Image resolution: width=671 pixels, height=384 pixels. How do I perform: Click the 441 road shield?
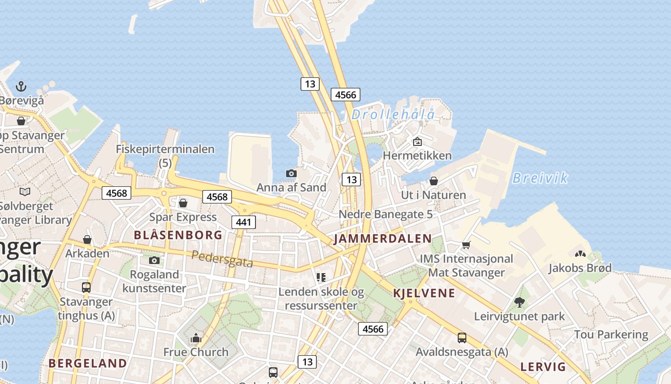pos(243,222)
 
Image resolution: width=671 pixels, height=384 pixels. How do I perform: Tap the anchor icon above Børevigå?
pos(21,86)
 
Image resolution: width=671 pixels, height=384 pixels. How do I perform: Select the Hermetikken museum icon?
pos(417,142)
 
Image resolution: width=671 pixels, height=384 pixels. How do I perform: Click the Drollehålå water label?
pos(393,114)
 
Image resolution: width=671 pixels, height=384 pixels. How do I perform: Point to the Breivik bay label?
pos(540,178)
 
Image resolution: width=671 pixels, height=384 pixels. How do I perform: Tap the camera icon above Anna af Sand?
pos(291,173)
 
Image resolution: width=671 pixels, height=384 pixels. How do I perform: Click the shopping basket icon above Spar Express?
pos(183,203)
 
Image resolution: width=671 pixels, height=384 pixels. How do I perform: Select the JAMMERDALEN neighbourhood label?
pos(382,239)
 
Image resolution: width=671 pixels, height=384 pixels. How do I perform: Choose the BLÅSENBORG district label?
pos(178,235)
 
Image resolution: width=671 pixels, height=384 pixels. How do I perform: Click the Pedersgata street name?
pos(222,259)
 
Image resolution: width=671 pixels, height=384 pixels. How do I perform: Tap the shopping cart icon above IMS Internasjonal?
pos(466,245)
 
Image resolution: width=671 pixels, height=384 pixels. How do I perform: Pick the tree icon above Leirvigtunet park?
pos(519,302)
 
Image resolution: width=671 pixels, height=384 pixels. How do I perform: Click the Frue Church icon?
pos(196,338)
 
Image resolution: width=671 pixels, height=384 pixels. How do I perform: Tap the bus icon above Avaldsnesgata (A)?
pos(462,338)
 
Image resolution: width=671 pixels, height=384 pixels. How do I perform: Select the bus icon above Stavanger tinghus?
pos(86,288)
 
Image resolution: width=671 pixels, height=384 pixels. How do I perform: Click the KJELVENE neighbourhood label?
pos(424,293)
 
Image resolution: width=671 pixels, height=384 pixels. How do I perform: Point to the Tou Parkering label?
pos(611,334)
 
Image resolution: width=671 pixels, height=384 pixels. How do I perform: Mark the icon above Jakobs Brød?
pos(580,253)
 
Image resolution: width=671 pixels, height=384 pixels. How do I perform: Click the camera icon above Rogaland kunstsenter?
pos(154,260)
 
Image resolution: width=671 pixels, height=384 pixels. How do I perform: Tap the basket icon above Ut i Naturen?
pos(433,181)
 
